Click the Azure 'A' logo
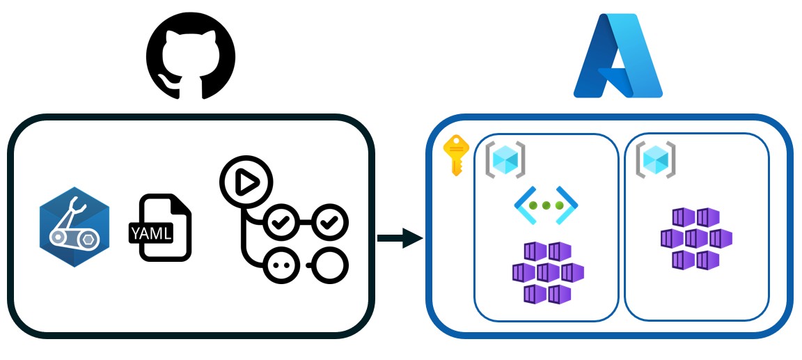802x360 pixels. coord(618,56)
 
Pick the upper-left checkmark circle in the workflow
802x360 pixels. coord(281,224)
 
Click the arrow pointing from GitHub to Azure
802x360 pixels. coord(400,239)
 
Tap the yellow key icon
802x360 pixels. coord(457,155)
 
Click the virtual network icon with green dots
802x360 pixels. coord(546,205)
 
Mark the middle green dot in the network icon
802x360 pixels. coord(546,205)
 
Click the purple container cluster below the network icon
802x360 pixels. coord(547,272)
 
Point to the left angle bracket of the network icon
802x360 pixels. coord(522,205)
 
